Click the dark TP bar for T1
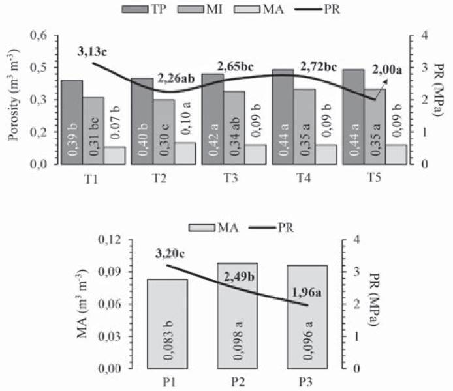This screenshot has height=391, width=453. click(x=72, y=123)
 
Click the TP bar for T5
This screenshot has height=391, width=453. click(x=353, y=117)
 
